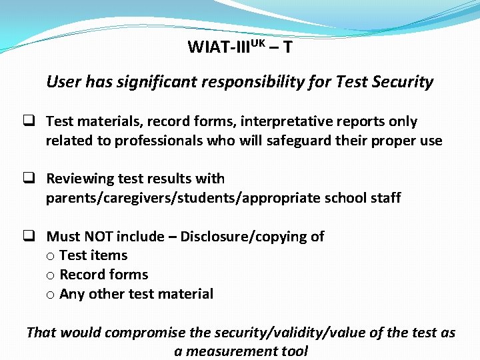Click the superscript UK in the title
click(x=259, y=43)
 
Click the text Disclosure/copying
click(x=252, y=236)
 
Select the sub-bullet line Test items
click(x=93, y=255)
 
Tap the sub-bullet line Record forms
click(x=103, y=275)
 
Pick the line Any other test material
click(x=136, y=294)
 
